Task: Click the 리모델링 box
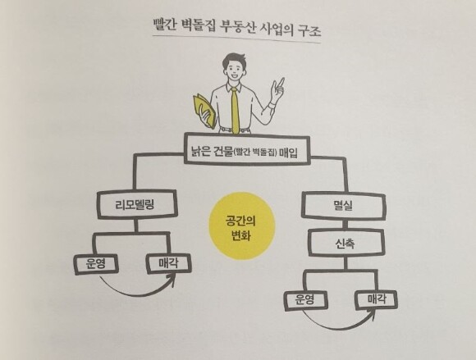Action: (x=137, y=204)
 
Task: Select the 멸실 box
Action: (x=344, y=206)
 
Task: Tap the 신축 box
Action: (x=346, y=243)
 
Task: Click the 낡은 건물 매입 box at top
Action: (x=246, y=149)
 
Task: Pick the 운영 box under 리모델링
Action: (x=96, y=264)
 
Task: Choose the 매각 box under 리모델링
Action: (x=168, y=263)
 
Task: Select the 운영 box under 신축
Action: (x=305, y=300)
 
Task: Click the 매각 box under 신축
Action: (x=377, y=299)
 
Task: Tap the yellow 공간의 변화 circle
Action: (x=241, y=226)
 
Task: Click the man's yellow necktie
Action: (x=235, y=110)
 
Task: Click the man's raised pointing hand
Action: (x=277, y=89)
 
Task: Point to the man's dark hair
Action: (x=234, y=60)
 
